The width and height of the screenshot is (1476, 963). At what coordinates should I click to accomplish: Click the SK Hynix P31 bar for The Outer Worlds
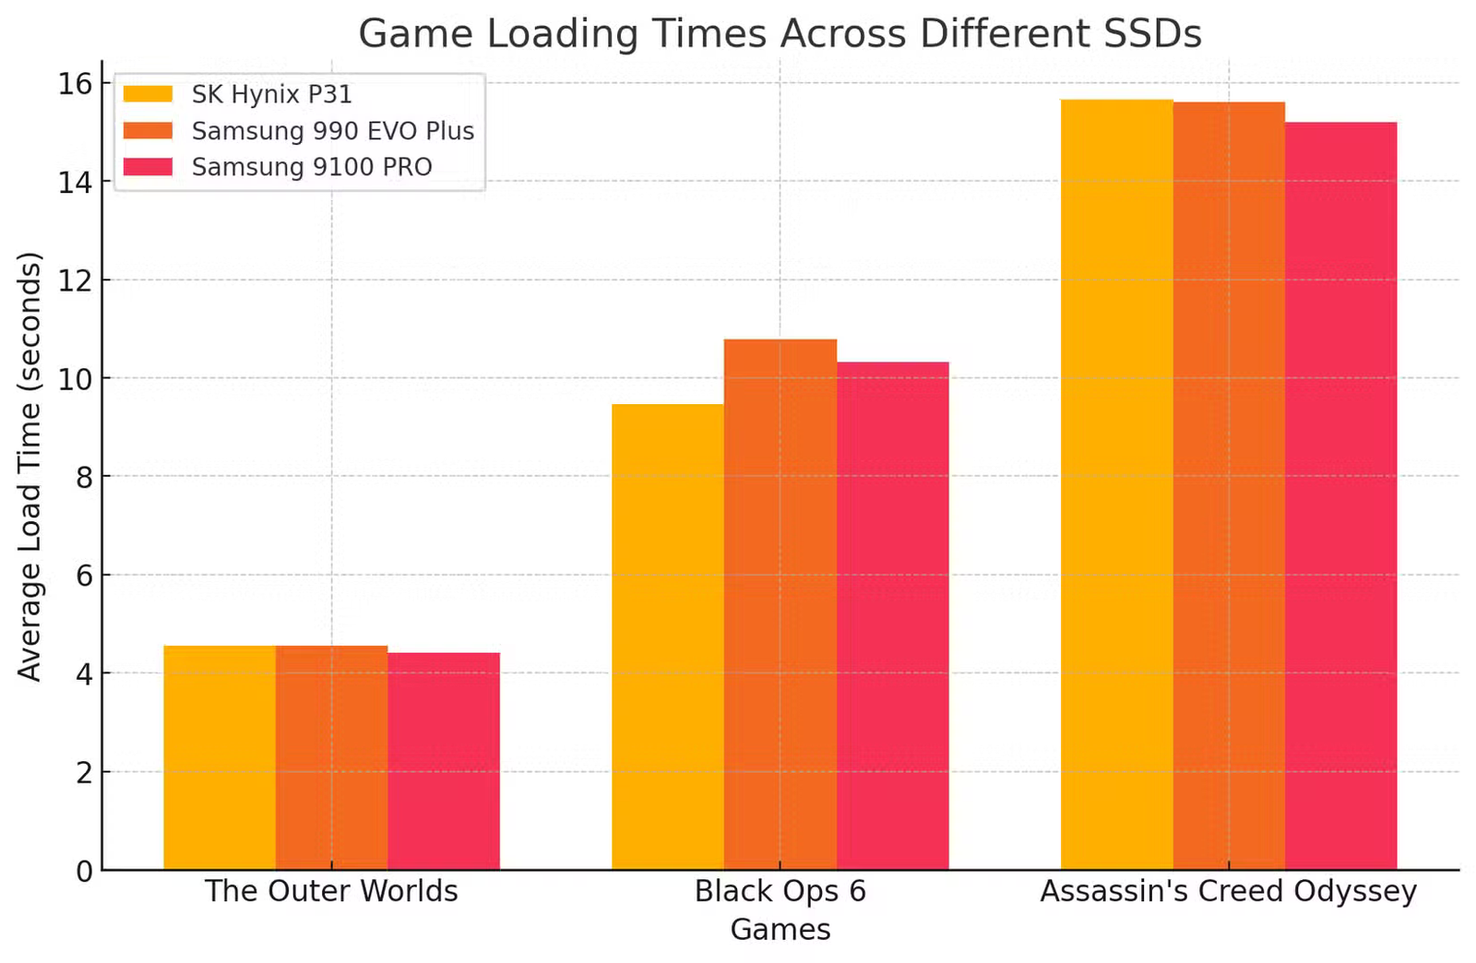(220, 757)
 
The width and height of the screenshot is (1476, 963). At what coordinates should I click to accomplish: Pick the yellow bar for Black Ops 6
(668, 636)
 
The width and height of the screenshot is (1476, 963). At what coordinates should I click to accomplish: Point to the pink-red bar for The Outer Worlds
(444, 761)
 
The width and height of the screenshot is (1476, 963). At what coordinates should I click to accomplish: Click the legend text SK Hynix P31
(271, 95)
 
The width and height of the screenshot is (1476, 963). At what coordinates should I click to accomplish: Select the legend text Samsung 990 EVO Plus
(332, 131)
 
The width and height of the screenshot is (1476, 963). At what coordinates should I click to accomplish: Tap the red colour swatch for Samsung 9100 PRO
(148, 167)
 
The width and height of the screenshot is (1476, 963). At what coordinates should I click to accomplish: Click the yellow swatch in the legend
(148, 95)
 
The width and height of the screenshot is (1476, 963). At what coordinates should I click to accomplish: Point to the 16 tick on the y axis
(76, 84)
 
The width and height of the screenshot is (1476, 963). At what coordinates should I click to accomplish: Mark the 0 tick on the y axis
(84, 871)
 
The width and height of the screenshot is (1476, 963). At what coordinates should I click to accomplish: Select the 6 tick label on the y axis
(84, 576)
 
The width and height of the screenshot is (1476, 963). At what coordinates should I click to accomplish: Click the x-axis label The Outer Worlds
(331, 891)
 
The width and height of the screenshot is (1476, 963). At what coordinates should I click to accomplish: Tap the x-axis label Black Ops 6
(780, 891)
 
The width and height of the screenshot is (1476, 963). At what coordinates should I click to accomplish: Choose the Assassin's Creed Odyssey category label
(1228, 891)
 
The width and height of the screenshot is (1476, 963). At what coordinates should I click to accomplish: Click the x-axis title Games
(780, 929)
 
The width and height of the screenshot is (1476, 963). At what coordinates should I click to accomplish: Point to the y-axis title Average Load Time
(30, 466)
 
